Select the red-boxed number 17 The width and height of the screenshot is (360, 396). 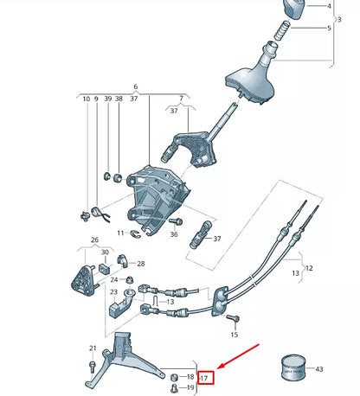205,377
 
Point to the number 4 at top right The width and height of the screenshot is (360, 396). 328,5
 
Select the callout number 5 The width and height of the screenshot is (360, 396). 328,28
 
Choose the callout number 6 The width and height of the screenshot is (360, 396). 136,87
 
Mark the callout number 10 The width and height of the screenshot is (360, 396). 87,99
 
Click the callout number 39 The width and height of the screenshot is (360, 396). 106,99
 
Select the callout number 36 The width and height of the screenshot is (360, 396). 174,234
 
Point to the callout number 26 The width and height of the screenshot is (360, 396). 94,240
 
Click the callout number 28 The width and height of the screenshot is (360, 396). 141,263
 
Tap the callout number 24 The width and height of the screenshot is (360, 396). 113,279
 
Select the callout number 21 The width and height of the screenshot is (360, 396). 93,348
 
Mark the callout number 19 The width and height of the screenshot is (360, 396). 190,387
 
